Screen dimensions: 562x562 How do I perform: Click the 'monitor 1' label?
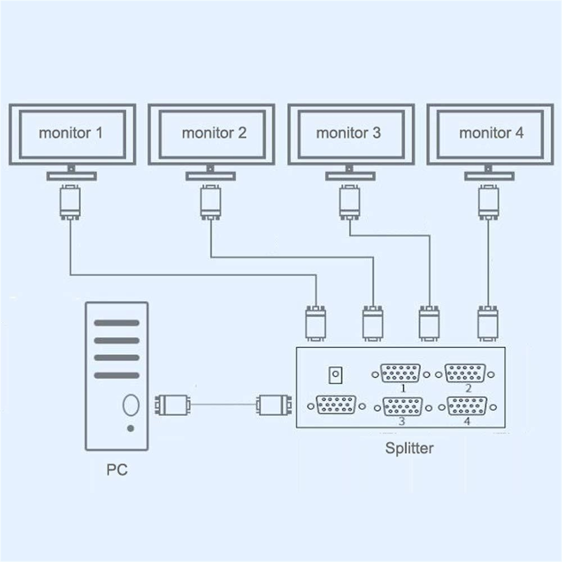pos(71,133)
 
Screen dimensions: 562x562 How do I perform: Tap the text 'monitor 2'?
pos(214,133)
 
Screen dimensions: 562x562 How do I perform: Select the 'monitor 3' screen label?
pos(348,133)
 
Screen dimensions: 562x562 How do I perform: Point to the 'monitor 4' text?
pos(491,133)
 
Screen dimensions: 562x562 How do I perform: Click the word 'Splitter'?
pos(409,448)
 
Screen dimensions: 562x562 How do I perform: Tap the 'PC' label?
pos(117,470)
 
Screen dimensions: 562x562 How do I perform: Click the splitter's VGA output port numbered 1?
pos(401,373)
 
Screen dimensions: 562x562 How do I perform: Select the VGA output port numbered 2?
pos(465,373)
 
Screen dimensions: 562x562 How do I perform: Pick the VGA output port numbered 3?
pos(403,407)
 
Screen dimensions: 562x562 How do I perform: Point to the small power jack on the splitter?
pos(335,375)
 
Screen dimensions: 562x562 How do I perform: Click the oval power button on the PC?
pos(131,405)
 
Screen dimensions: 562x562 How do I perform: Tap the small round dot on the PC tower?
pos(131,429)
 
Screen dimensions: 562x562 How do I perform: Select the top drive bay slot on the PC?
pos(117,323)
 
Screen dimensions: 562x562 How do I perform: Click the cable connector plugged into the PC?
pos(172,405)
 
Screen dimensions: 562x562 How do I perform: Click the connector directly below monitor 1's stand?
pos(70,203)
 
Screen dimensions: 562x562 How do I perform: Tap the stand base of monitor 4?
pos(489,176)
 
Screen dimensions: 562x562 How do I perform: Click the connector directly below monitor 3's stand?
pos(349,203)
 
